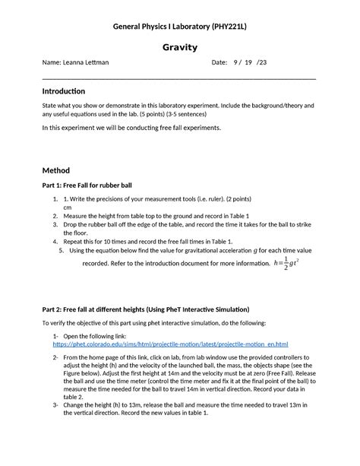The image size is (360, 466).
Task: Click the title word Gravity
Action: coord(180,47)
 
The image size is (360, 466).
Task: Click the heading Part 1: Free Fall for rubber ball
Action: coord(92,185)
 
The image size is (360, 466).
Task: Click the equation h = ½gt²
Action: coord(288,264)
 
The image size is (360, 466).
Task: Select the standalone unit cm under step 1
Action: coord(68,207)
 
